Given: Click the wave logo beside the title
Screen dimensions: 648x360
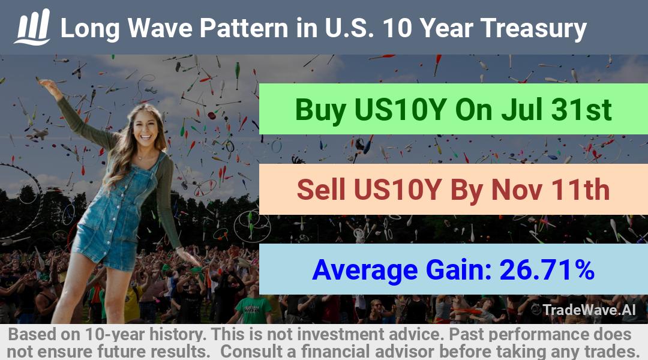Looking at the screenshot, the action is click(32, 26).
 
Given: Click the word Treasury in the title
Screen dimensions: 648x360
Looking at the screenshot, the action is click(533, 29).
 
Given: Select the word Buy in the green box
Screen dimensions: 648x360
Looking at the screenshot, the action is click(320, 110).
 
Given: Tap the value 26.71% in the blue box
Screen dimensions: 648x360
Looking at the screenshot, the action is click(547, 269).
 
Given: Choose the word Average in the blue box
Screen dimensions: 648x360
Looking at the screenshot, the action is click(365, 271).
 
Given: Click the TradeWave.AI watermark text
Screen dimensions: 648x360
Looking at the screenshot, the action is click(589, 310).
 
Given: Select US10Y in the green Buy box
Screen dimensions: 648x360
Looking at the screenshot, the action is click(400, 109).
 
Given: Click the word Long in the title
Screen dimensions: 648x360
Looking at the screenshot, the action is click(90, 29).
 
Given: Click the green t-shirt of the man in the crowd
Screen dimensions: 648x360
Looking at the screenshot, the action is click(253, 310).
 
